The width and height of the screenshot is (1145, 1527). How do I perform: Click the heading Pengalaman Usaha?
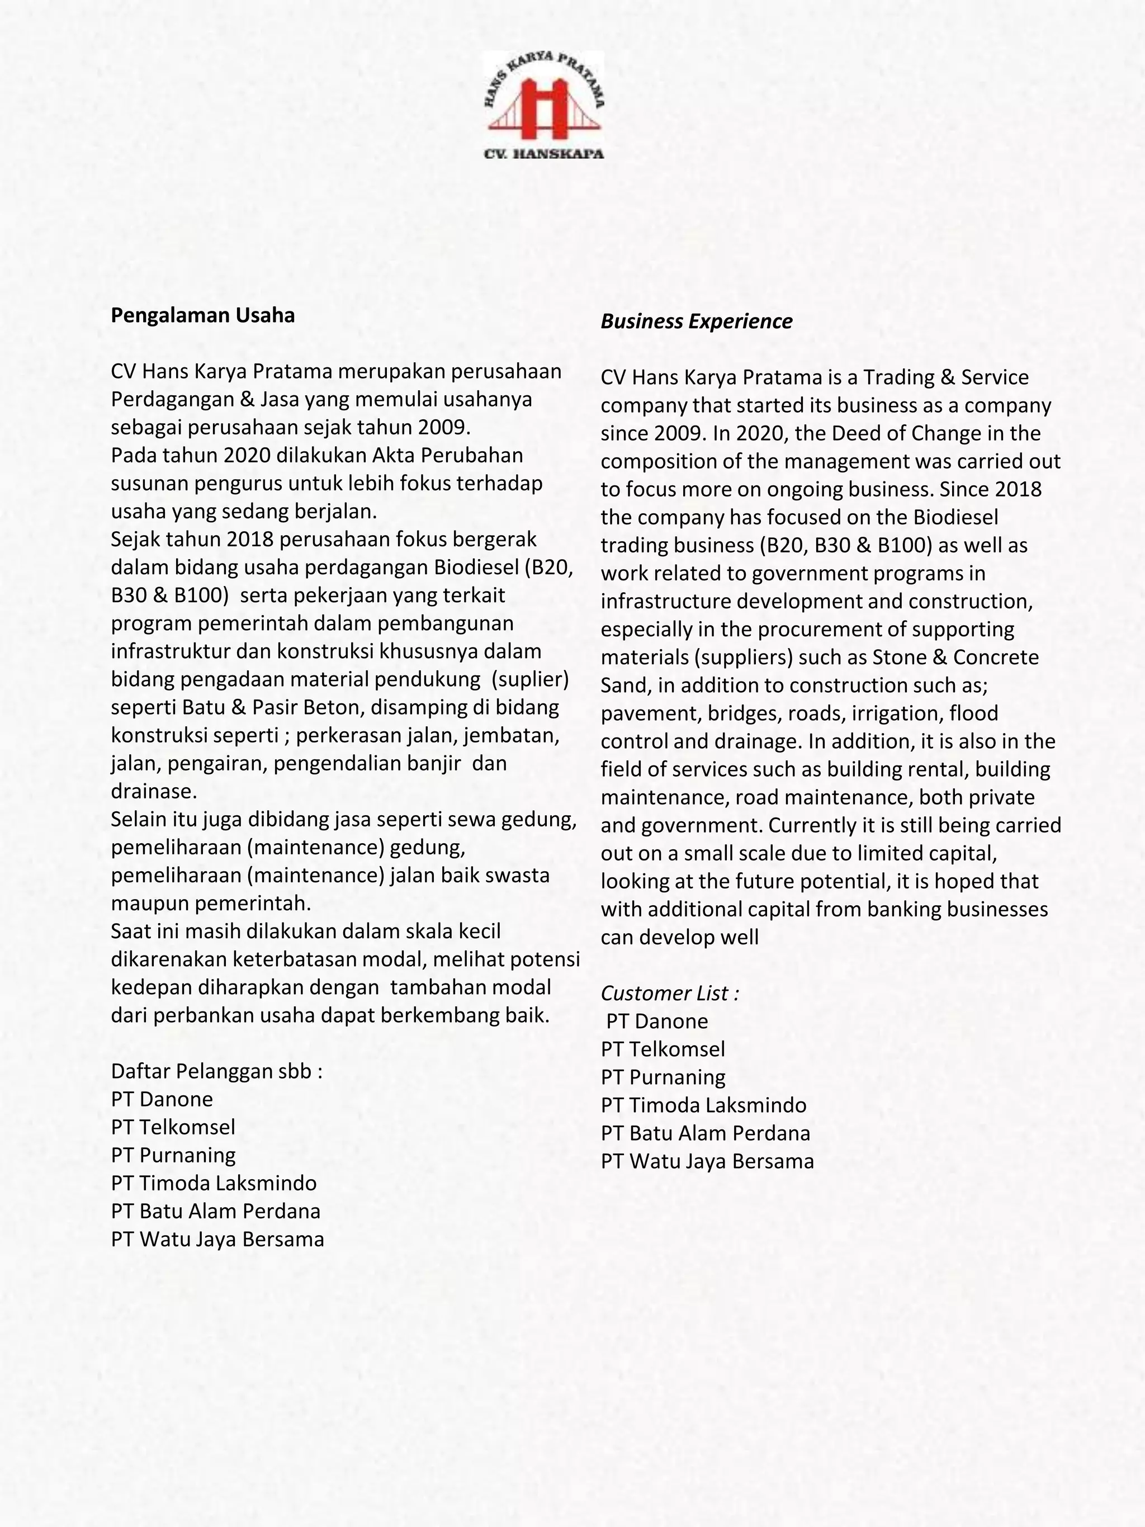[202, 315]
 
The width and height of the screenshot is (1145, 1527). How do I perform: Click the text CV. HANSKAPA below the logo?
[543, 154]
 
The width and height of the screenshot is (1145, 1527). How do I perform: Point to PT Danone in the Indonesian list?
[162, 1099]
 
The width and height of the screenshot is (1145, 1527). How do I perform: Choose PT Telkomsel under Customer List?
[663, 1049]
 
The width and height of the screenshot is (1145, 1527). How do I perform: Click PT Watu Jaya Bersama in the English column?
[707, 1161]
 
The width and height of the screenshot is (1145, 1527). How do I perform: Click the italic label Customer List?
[669, 994]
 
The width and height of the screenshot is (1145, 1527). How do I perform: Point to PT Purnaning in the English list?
[663, 1077]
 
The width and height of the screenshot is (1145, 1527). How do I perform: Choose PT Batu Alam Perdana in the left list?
[215, 1211]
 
